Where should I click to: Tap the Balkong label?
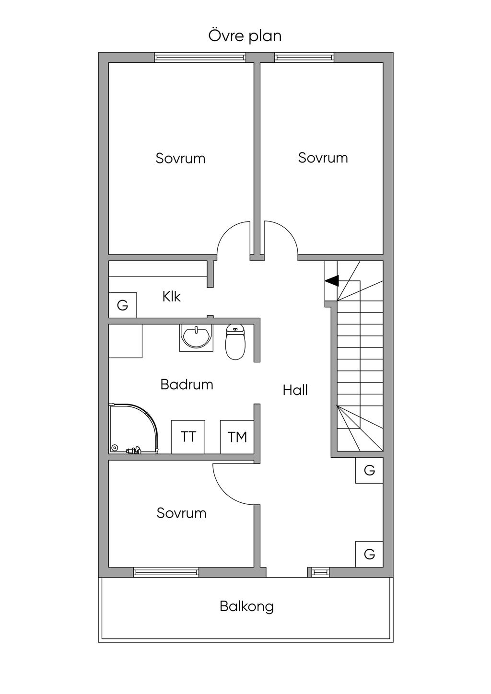pyautogui.click(x=247, y=607)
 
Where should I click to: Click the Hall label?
pyautogui.click(x=295, y=390)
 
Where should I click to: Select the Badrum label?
pyautogui.click(x=187, y=384)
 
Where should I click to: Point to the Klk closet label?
pyautogui.click(x=171, y=297)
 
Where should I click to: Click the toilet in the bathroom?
pyautogui.click(x=235, y=342)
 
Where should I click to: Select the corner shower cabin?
pyautogui.click(x=133, y=428)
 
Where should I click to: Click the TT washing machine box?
pyautogui.click(x=188, y=437)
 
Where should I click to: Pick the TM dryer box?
pyautogui.click(x=237, y=437)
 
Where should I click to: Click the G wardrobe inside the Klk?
pyautogui.click(x=123, y=305)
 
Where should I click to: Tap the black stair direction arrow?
pyautogui.click(x=332, y=281)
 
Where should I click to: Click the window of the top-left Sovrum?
pyautogui.click(x=200, y=58)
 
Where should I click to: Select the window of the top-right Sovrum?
pyautogui.click(x=304, y=58)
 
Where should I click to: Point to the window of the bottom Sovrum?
pyautogui.click(x=166, y=572)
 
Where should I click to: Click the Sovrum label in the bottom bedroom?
pyautogui.click(x=181, y=513)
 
